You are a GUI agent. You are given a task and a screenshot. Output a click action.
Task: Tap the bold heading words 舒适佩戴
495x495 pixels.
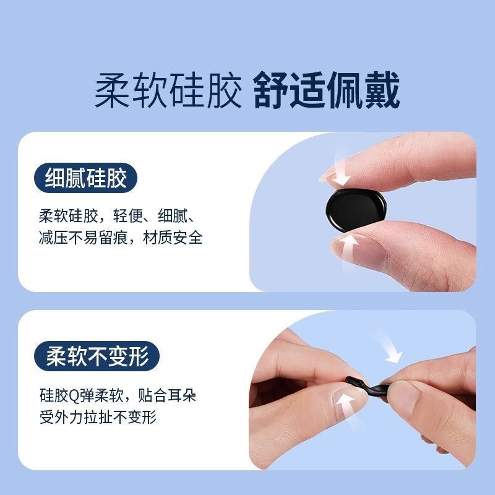click(x=326, y=92)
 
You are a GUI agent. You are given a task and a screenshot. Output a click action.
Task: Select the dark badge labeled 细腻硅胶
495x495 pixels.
click(x=86, y=179)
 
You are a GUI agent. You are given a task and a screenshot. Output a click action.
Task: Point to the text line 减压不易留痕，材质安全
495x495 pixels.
click(x=121, y=238)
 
